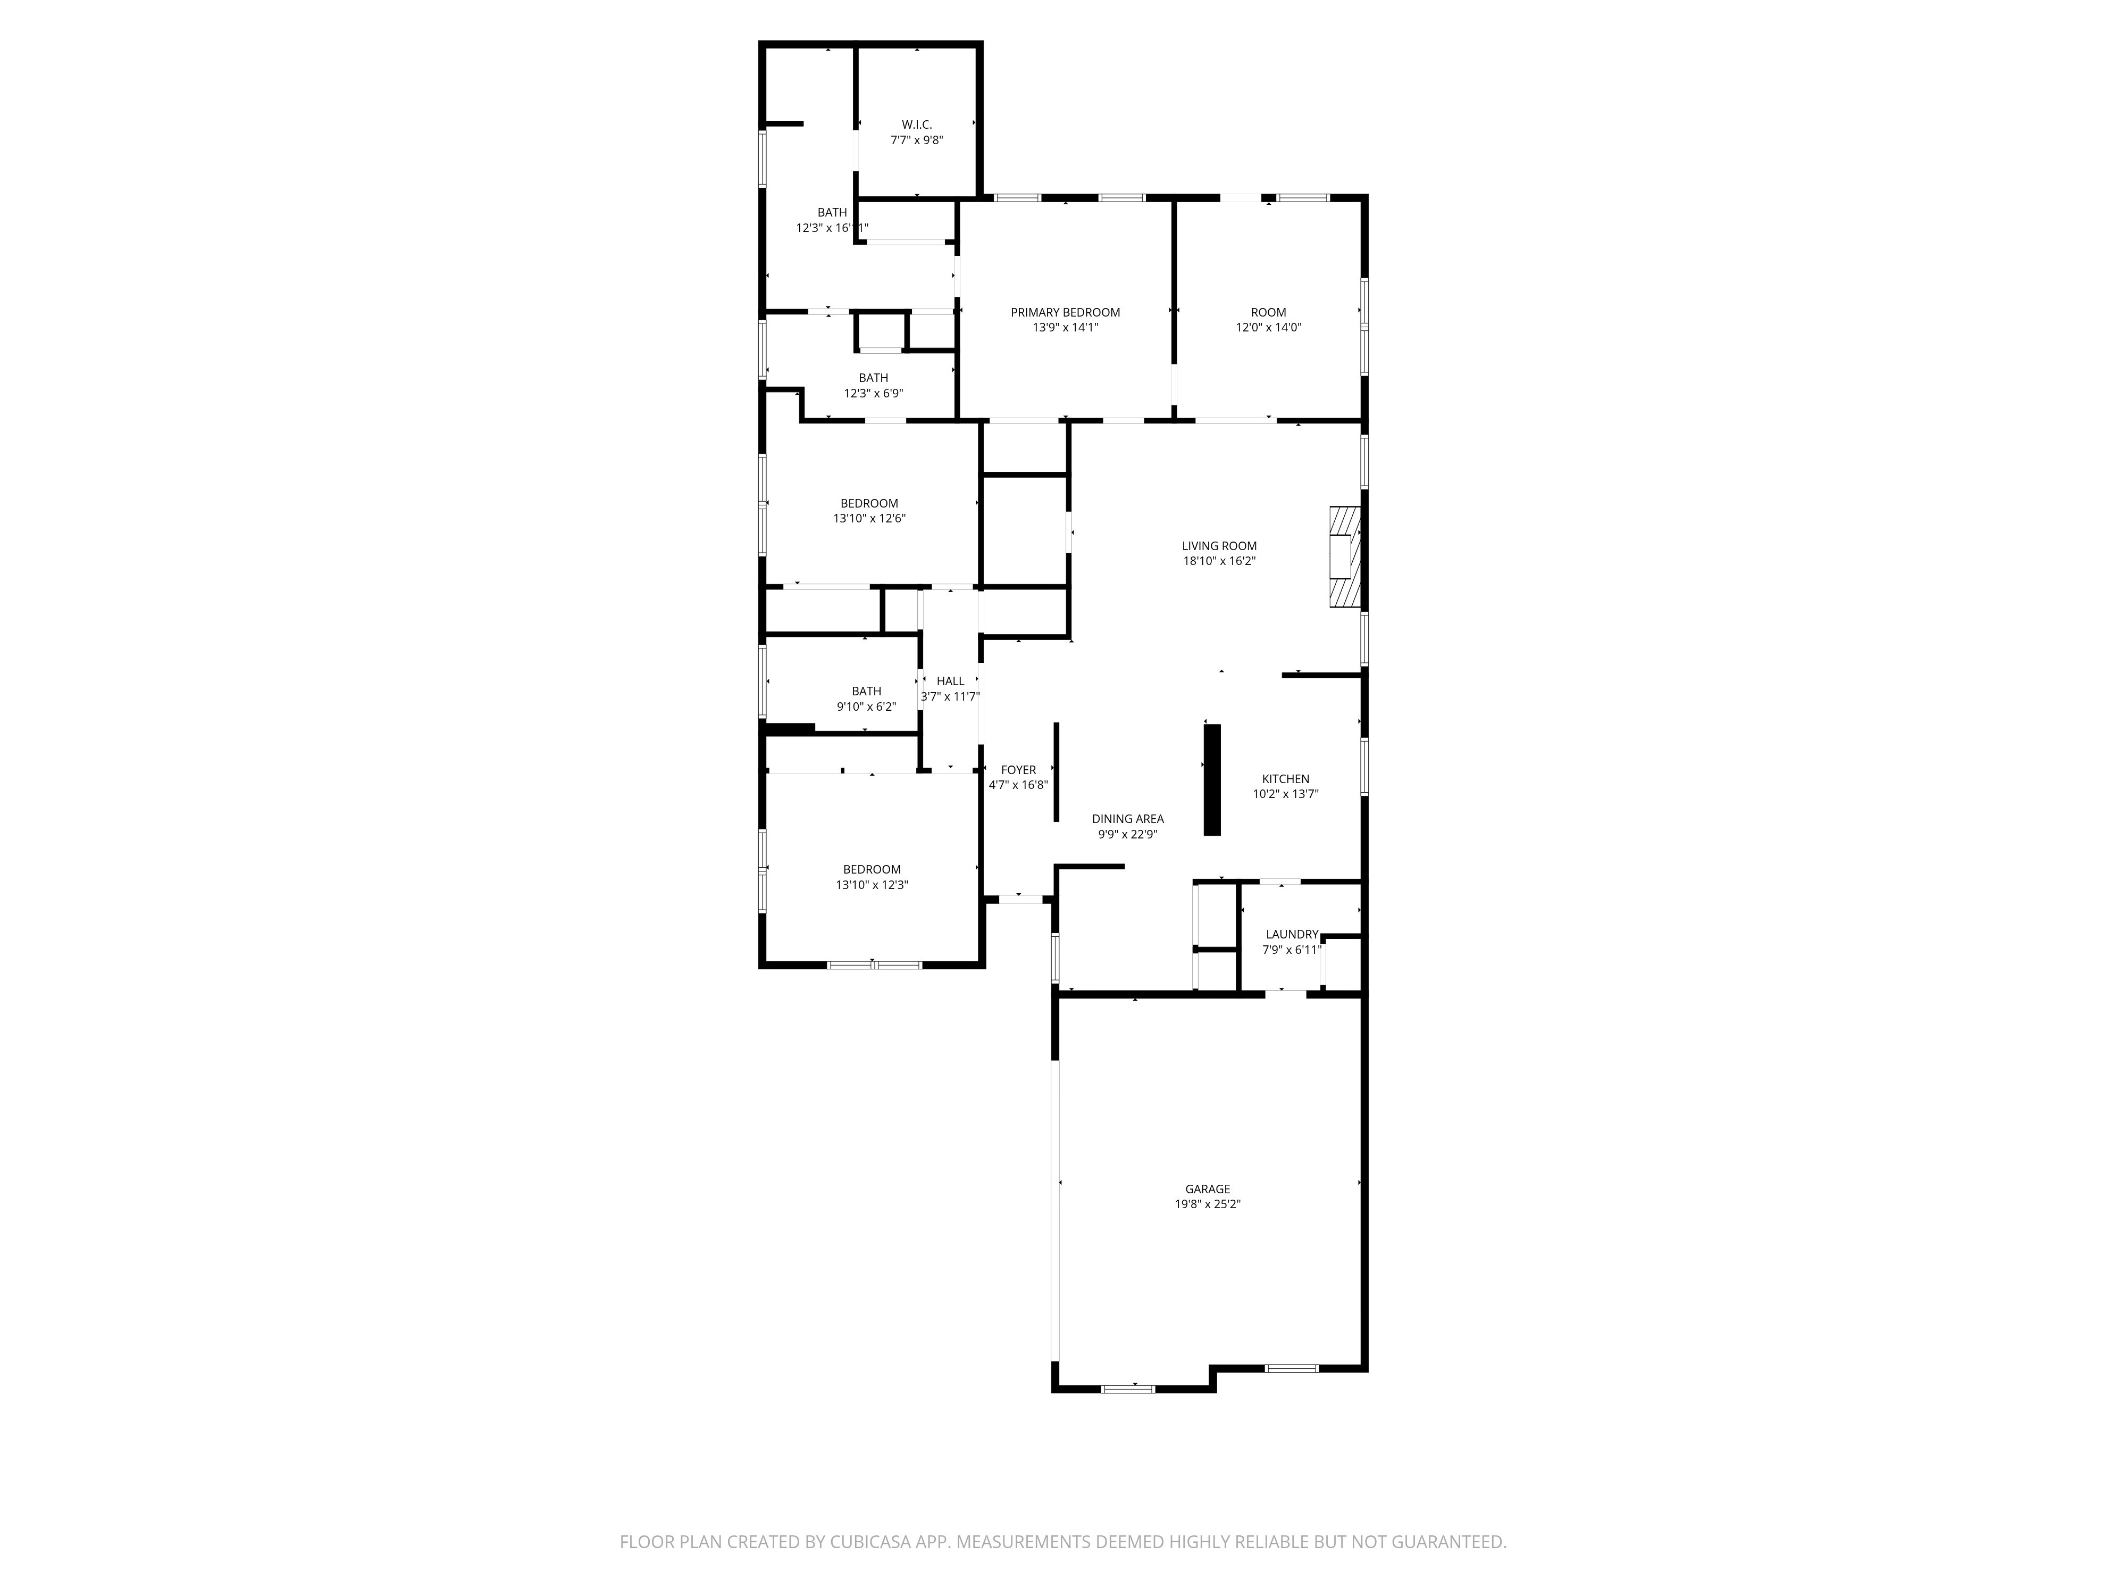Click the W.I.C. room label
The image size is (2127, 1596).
coord(916,124)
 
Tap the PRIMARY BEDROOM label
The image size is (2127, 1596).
coord(1066,312)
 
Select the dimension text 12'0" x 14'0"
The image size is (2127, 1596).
coord(1268,327)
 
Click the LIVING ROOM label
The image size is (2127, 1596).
coord(1219,545)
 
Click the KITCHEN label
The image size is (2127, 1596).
coord(1286,779)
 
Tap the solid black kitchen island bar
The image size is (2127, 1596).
coord(1212,779)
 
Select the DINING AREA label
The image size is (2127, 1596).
coord(1128,819)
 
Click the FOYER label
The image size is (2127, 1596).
coord(1018,770)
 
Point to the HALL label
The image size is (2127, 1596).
coord(950,681)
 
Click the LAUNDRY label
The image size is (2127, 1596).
coord(1292,934)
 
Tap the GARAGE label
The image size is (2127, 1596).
coord(1208,1189)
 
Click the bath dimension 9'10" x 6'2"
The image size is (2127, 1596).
coord(866,706)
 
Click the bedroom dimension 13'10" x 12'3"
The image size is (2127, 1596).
coord(872,884)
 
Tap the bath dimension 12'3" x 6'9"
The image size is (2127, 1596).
coord(873,393)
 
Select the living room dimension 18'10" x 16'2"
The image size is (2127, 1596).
coord(1219,561)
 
